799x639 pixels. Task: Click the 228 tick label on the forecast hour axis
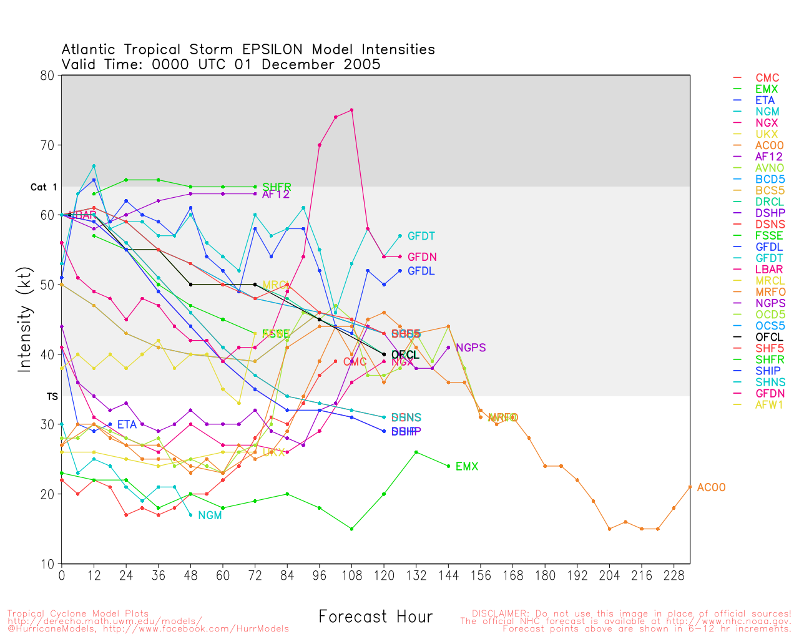point(674,575)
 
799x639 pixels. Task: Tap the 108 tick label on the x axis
point(352,575)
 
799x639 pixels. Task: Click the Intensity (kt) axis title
point(24,319)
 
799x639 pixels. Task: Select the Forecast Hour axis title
point(375,617)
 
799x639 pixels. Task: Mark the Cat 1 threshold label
point(44,187)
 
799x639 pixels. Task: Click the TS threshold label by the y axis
point(52,396)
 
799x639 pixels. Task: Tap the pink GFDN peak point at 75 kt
point(352,110)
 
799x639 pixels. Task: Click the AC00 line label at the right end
point(711,487)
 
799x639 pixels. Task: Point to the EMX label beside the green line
point(466,467)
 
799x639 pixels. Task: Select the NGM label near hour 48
point(210,515)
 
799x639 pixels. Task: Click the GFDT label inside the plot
point(421,237)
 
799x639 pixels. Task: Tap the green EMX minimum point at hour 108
point(352,529)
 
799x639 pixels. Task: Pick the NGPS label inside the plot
point(470,348)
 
